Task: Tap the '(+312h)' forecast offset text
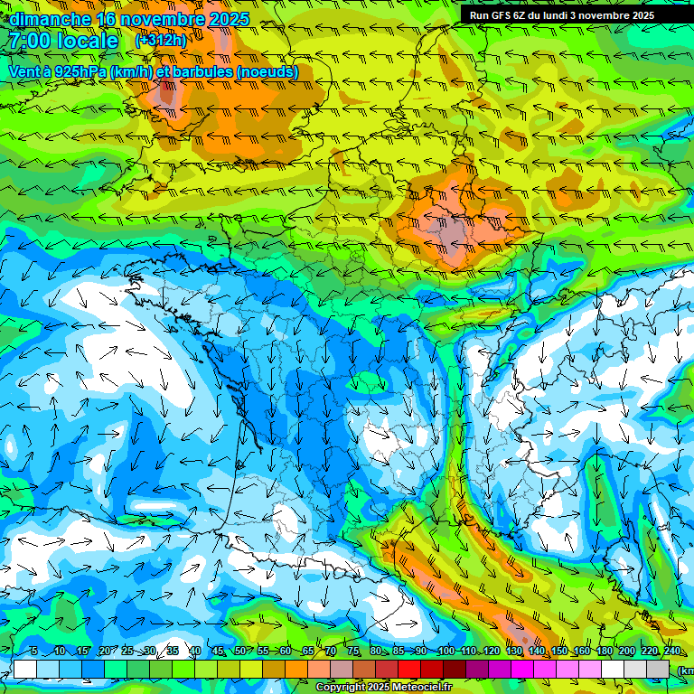161,40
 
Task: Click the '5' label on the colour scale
33,652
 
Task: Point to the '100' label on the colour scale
445,652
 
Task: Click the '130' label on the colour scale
514,652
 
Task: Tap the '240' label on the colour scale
672,652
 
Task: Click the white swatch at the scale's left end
25,669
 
